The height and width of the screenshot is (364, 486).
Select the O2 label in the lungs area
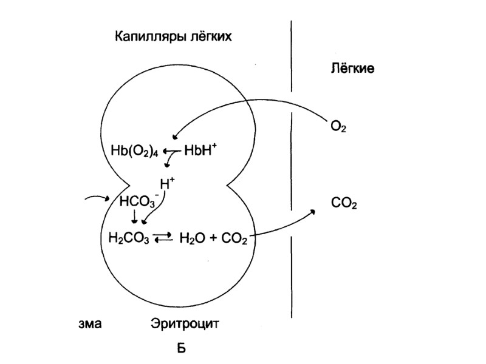tap(338, 127)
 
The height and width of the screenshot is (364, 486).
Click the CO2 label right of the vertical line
tap(344, 204)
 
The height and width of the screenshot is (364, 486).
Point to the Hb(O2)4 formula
tap(132, 151)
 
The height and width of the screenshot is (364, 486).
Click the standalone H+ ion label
tap(167, 183)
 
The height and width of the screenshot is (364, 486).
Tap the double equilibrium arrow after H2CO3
tap(163, 238)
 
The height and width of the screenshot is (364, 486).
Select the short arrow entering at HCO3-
tap(96, 198)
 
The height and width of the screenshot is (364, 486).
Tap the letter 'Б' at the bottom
tap(180, 348)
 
